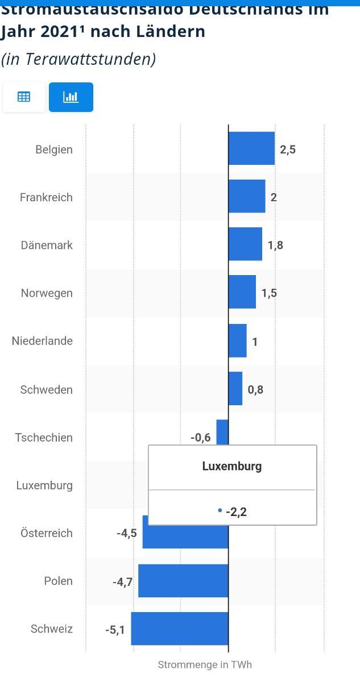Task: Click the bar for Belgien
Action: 251,149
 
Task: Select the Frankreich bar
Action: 247,197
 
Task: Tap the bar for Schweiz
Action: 180,629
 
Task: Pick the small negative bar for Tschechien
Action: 222,432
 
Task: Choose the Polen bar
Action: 183,581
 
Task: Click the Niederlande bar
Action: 238,341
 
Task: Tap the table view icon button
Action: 24,97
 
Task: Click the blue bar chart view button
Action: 71,97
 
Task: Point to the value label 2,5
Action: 288,149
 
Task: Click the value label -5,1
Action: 115,630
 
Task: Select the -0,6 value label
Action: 201,437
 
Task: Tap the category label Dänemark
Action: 47,246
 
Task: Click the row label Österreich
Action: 47,533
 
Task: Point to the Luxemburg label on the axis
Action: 44,485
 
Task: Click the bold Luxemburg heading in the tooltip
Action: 232,466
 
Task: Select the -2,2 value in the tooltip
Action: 236,511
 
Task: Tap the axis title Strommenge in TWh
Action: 205,664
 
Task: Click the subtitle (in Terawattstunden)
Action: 78,59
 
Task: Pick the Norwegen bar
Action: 242,292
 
